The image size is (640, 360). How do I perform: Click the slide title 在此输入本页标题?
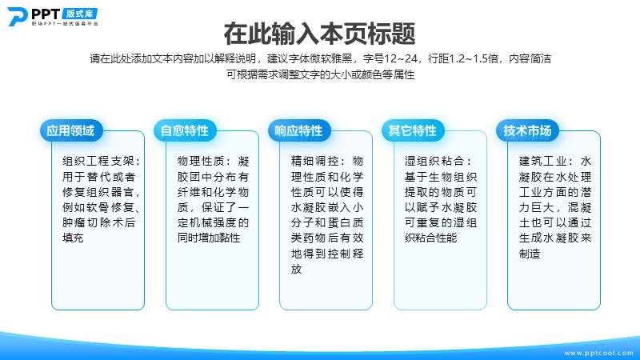319,34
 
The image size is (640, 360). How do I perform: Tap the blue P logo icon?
18,17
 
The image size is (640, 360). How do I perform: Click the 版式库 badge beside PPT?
79,14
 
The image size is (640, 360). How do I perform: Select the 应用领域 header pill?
71,130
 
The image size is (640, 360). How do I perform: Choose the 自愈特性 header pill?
185,130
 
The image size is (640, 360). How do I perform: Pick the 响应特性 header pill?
298,130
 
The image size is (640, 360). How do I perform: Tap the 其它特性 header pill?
413,130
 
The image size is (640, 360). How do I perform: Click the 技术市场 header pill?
527,130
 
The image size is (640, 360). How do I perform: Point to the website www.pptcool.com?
598,353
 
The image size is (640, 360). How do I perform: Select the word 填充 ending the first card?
73,238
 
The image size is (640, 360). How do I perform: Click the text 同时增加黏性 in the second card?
209,238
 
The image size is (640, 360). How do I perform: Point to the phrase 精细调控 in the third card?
314,162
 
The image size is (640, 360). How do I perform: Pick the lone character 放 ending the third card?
296,269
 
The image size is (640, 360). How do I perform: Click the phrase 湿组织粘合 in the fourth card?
434,162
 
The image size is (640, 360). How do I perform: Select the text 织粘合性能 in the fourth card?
431,238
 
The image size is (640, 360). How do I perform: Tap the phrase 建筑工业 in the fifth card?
542,162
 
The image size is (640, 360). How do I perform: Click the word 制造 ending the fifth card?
530,254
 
